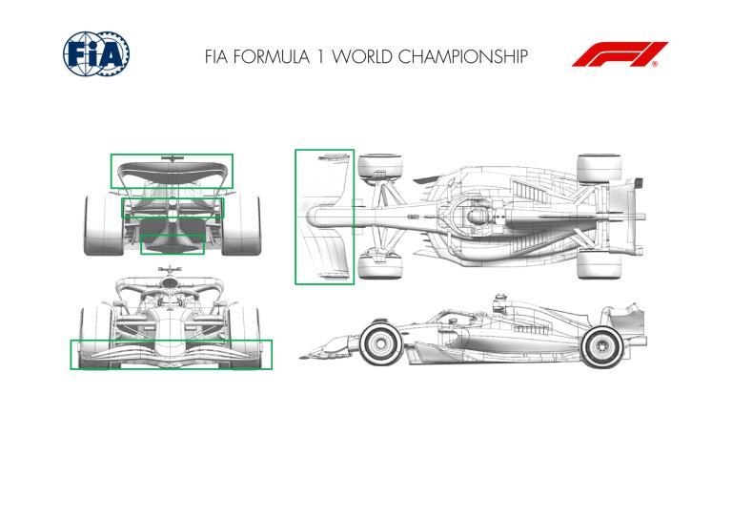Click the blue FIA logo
tap(96, 53)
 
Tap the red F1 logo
tap(620, 54)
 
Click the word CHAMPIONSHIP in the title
tap(463, 56)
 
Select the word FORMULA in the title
tap(272, 56)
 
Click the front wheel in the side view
tap(380, 343)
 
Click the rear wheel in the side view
tap(602, 347)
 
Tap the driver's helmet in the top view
tap(476, 217)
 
